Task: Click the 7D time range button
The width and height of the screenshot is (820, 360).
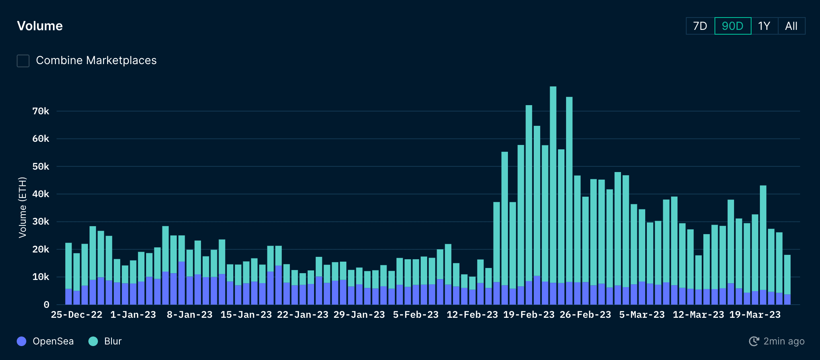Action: coord(700,26)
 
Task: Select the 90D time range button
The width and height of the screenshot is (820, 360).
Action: coord(732,26)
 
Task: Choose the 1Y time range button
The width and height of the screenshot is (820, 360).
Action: coord(764,26)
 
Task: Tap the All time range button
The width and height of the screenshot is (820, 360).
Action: coord(791,26)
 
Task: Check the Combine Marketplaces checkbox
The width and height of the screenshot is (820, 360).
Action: coord(23,61)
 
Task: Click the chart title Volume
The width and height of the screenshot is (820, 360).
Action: coord(40,26)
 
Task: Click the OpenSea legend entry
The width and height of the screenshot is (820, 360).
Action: coord(45,341)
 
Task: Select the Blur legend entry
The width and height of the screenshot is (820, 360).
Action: coord(105,341)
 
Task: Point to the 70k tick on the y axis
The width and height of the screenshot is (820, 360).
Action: coord(41,111)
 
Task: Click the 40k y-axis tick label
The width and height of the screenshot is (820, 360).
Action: coord(41,194)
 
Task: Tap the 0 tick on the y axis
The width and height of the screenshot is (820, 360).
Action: coord(46,305)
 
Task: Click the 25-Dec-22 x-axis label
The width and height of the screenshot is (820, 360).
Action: coord(76,315)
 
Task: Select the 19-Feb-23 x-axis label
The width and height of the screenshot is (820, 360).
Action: coord(529,315)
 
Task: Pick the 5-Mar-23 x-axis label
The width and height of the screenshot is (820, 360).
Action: coord(642,315)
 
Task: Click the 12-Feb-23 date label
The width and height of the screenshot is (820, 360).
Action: coord(472,315)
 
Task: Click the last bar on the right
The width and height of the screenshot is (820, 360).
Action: coord(787,279)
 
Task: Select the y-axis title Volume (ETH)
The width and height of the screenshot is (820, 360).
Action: coord(22,207)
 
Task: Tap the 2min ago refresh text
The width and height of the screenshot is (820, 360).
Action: coord(784,341)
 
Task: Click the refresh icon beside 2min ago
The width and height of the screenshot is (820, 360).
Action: coord(754,341)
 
